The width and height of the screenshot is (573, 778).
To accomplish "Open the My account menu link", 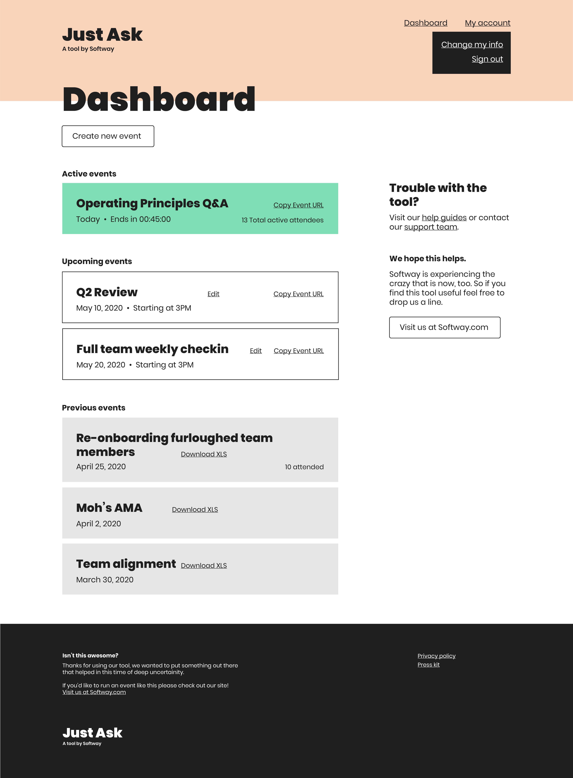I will click(487, 23).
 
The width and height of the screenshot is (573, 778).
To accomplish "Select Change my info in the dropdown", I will click(472, 45).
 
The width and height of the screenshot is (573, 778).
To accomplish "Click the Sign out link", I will click(487, 59).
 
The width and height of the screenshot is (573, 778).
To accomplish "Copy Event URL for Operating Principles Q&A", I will click(298, 205).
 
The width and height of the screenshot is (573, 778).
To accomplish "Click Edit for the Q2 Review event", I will click(213, 294).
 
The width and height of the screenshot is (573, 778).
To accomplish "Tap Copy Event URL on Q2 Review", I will click(298, 294).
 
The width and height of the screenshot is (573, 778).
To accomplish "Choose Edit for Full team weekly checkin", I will click(256, 351).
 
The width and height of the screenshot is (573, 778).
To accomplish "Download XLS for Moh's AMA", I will click(195, 510).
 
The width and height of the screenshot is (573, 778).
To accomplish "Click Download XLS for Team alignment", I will click(204, 566).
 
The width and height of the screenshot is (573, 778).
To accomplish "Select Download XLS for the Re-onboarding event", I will click(204, 454).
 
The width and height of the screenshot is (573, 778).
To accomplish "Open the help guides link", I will click(444, 218).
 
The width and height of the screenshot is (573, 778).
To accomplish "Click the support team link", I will click(430, 227).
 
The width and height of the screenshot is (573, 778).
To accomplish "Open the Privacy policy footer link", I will click(436, 656).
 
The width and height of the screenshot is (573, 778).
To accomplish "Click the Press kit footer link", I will click(428, 664).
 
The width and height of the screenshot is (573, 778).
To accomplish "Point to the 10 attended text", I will click(304, 467).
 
